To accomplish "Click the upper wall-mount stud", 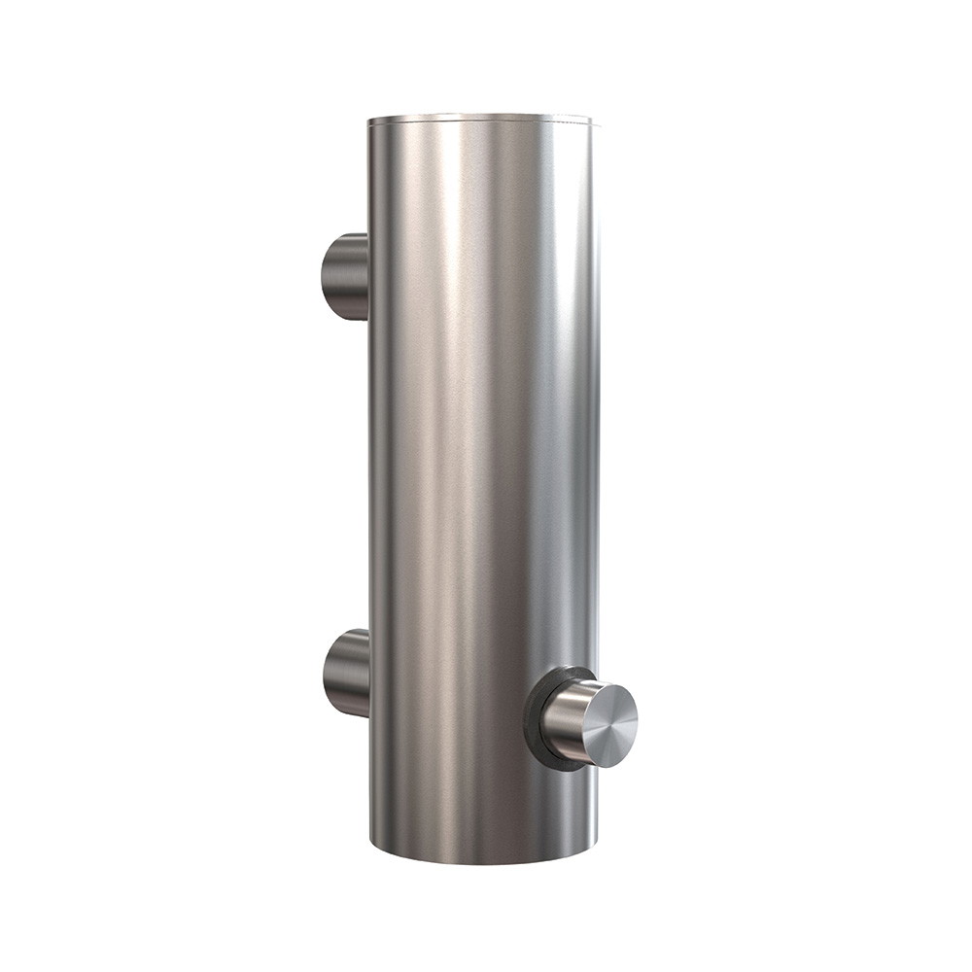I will pyautogui.click(x=345, y=276).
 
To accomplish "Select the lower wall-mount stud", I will pyautogui.click(x=346, y=673).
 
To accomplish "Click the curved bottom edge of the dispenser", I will pyautogui.click(x=484, y=861).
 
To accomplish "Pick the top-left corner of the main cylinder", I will pyautogui.click(x=369, y=121).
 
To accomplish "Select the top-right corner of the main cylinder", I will pyautogui.click(x=592, y=122).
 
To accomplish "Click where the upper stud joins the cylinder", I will pyautogui.click(x=367, y=276).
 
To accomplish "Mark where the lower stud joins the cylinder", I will pyautogui.click(x=368, y=673).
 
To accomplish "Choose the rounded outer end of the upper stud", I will pyautogui.click(x=325, y=276).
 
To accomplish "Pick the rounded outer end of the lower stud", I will pyautogui.click(x=327, y=673).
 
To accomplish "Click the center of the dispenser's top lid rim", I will pyautogui.click(x=481, y=118).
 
